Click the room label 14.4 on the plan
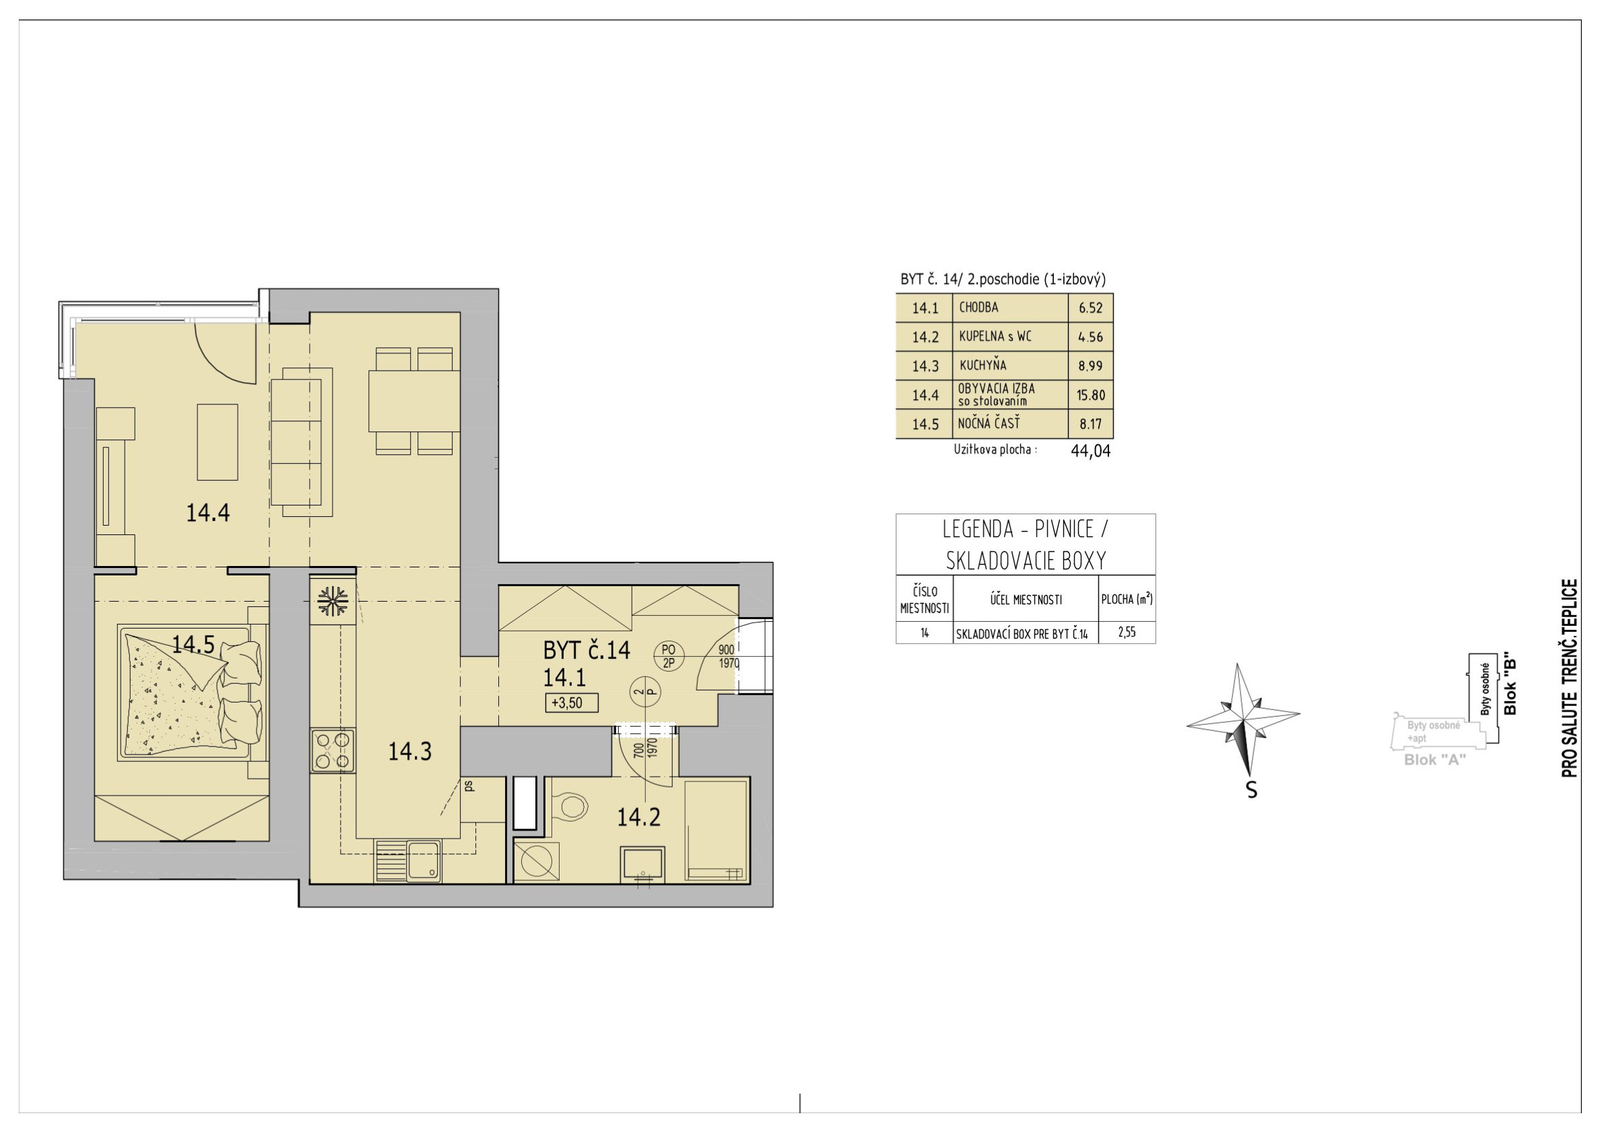click(x=208, y=513)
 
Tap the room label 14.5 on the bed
click(x=193, y=644)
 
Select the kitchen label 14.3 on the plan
click(x=409, y=751)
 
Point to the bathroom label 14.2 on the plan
click(x=638, y=817)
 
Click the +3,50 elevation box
click(x=572, y=703)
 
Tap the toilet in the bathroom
click(x=570, y=806)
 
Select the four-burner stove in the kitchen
click(x=333, y=750)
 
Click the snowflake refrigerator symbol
click(x=333, y=601)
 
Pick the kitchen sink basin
click(x=424, y=860)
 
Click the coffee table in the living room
click(x=218, y=442)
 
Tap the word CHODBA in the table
click(x=978, y=307)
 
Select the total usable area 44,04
click(x=1091, y=450)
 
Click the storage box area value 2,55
click(x=1127, y=632)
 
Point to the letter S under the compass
click(x=1252, y=789)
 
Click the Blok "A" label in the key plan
click(x=1434, y=760)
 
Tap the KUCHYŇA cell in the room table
click(x=982, y=365)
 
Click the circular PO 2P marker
click(x=669, y=656)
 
